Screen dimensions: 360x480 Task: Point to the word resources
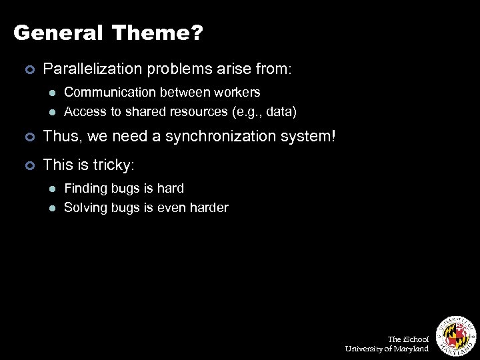pyautogui.click(x=199, y=111)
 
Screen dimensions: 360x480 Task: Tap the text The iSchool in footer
pyautogui.click(x=408, y=339)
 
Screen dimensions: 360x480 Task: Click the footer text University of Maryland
pyautogui.click(x=387, y=349)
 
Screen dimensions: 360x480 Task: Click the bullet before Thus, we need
pyautogui.click(x=28, y=137)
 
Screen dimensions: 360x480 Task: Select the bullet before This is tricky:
pyautogui.click(x=28, y=164)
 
